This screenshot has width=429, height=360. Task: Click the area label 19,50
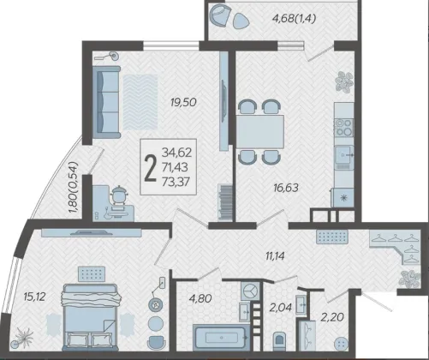[183, 102]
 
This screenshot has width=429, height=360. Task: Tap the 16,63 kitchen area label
[286, 188]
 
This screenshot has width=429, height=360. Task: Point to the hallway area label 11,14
[275, 256]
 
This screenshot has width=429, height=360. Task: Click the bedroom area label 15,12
[34, 297]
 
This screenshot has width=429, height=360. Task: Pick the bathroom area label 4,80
[200, 298]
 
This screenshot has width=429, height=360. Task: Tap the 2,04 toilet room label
[281, 308]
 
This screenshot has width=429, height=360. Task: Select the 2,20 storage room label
[332, 317]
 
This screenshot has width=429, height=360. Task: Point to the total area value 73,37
[176, 182]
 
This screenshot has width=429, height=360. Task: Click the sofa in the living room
[106, 102]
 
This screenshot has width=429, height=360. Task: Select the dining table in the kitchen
[260, 132]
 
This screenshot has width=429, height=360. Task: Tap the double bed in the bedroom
[91, 317]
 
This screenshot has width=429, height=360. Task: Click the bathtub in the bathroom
[222, 337]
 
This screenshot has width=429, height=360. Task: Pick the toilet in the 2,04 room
[280, 340]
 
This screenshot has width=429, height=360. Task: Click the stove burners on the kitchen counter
[344, 128]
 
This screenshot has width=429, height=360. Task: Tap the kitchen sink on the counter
[344, 155]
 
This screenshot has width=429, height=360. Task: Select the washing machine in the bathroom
[250, 291]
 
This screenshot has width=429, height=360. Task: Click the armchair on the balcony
[218, 16]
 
